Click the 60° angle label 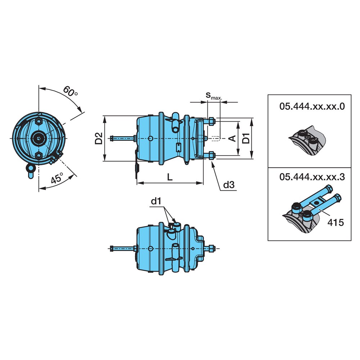(70, 91)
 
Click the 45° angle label (57, 178)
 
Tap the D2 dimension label (99, 138)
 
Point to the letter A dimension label (233, 138)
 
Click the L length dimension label (170, 177)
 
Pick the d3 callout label (229, 185)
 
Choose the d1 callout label (156, 201)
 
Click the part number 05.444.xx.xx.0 (312, 107)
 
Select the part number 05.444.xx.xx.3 (312, 177)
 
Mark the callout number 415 (336, 222)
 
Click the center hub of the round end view (39, 138)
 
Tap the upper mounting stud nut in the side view (211, 121)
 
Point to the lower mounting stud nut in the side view (211, 156)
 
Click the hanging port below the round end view (30, 171)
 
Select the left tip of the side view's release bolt (110, 138)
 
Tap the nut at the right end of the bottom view (212, 248)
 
